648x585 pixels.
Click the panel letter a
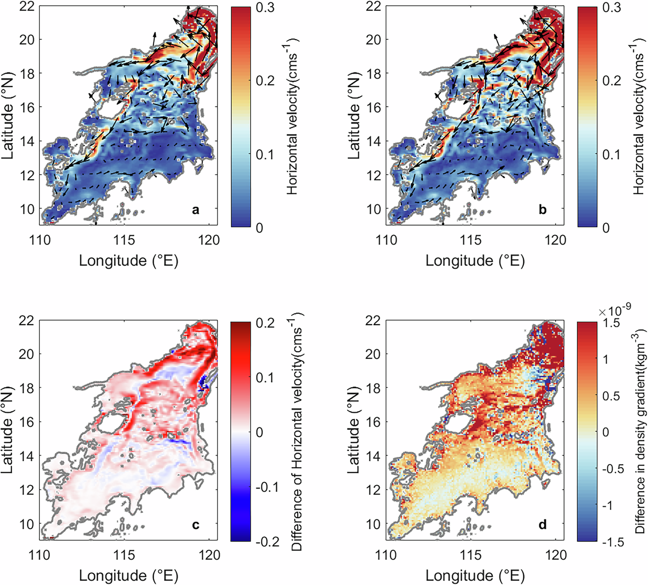pos(195,210)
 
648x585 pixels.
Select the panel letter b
pos(542,210)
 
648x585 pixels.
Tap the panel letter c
pos(195,525)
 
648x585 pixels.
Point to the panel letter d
pos(542,525)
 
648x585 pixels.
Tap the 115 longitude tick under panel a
pos(124,240)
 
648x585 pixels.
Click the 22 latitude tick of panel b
pos(374,6)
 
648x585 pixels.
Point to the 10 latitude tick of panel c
pos(28,524)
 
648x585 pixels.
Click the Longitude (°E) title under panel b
pos(475,260)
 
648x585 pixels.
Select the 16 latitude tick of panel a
pos(28,107)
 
